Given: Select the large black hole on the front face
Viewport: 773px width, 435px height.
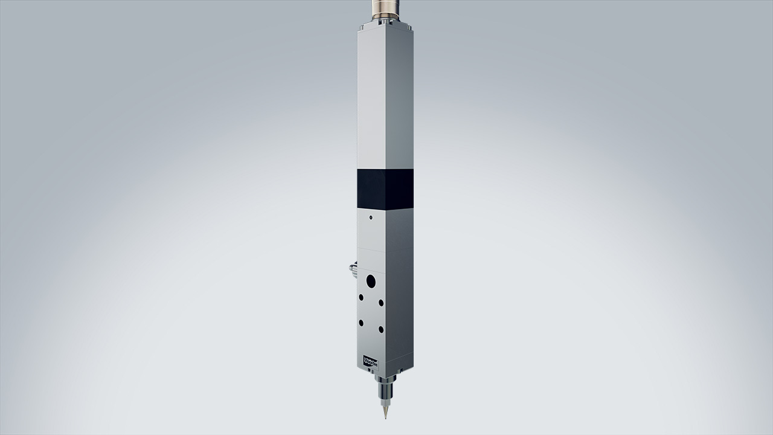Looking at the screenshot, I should (x=371, y=281).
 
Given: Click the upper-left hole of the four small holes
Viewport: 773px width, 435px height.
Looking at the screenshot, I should (x=361, y=297).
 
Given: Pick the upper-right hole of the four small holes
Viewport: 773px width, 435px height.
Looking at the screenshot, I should (x=381, y=303).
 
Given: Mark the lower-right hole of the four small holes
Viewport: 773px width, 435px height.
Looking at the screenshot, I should (x=381, y=329).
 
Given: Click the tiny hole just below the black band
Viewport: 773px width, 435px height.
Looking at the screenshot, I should (x=370, y=215).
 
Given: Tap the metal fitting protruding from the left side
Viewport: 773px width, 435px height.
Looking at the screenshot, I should (x=352, y=268).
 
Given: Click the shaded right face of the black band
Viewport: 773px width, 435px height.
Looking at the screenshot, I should (x=400, y=188).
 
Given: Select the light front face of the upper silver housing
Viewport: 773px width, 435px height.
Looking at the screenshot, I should (x=371, y=100).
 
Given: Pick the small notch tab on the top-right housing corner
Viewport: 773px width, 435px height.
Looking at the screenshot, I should (x=411, y=27).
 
